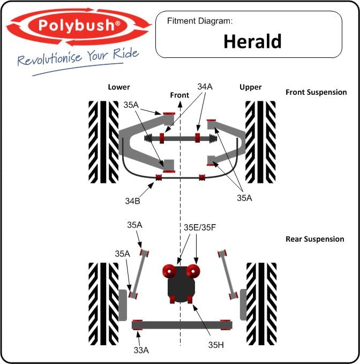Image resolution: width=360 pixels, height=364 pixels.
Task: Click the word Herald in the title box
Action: (x=252, y=41)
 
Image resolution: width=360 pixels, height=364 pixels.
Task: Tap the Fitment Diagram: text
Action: (x=200, y=21)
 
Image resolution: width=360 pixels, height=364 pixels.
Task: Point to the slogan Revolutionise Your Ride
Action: (x=78, y=57)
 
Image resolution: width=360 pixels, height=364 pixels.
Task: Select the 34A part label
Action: (x=205, y=87)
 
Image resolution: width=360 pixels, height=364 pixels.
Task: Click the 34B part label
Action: (x=133, y=201)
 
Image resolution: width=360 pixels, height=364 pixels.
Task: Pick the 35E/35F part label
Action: (x=200, y=227)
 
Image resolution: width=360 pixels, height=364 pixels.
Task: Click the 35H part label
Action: (x=216, y=345)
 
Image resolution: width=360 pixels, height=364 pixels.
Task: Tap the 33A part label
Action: (x=141, y=350)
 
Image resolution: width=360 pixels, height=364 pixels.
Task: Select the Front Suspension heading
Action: (x=316, y=92)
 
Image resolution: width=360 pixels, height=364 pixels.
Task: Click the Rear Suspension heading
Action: (x=315, y=239)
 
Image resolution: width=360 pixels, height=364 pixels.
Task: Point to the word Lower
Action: (x=119, y=87)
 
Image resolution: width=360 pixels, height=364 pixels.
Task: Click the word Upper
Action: (x=251, y=87)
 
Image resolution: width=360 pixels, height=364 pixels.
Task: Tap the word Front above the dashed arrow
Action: (x=179, y=95)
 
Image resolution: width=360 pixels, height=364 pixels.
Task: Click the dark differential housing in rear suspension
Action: (x=181, y=284)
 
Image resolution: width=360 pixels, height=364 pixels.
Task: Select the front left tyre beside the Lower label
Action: (x=103, y=142)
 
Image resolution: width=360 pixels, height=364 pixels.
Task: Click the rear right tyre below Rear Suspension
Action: (x=261, y=304)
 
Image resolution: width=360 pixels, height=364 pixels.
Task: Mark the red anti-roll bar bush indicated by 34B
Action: (x=159, y=177)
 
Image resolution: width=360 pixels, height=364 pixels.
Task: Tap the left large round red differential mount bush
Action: (x=169, y=271)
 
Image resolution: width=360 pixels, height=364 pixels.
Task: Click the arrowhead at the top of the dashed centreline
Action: (x=180, y=104)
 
